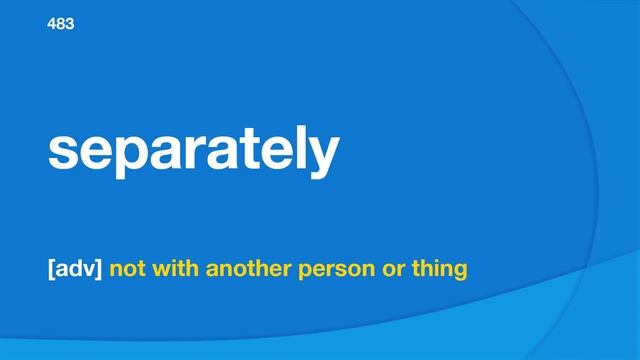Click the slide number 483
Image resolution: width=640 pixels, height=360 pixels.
61,23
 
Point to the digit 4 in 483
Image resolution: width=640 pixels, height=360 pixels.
53,23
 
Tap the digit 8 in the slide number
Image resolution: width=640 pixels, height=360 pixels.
61,23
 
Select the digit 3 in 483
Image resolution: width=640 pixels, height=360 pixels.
69,23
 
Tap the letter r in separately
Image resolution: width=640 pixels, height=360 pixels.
199,151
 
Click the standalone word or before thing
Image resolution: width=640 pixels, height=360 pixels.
384,270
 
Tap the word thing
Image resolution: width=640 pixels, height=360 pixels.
434,270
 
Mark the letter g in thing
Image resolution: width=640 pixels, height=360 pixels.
459,272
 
